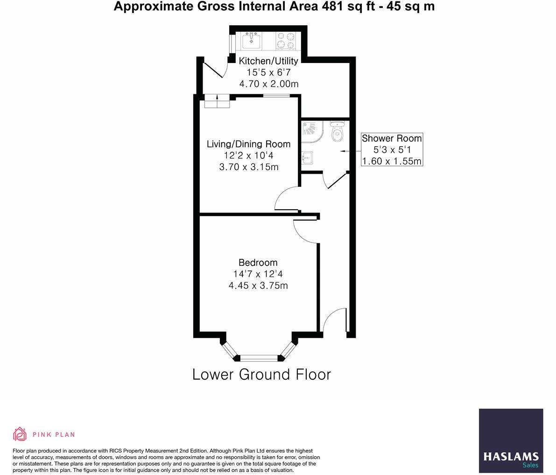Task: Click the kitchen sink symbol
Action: tap(251, 40)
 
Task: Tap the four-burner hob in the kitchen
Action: tap(286, 40)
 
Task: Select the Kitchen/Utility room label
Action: tap(268, 61)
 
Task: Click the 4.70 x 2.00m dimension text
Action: tap(268, 84)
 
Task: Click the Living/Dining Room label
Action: tap(248, 144)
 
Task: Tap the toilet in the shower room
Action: tap(337, 132)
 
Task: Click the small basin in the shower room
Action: tap(307, 158)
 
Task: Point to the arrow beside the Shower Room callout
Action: tap(346, 151)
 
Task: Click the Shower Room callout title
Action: tap(392, 138)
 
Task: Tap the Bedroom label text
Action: tap(258, 262)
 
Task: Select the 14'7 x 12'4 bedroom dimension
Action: tap(258, 274)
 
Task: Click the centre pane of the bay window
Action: tap(259, 358)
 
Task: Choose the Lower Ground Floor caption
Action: tap(261, 375)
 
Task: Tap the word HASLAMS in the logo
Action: tap(511, 456)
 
